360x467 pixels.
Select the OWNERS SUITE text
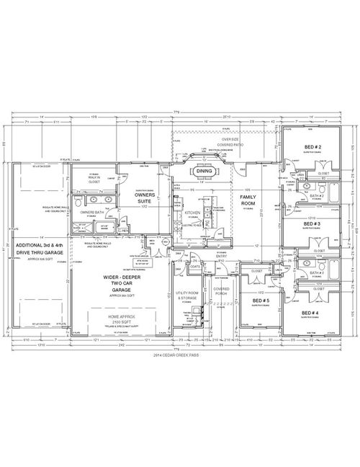pyautogui.click(x=148, y=197)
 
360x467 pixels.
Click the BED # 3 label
pyautogui.click(x=312, y=224)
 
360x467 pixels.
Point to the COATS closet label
pyautogui.click(x=195, y=267)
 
